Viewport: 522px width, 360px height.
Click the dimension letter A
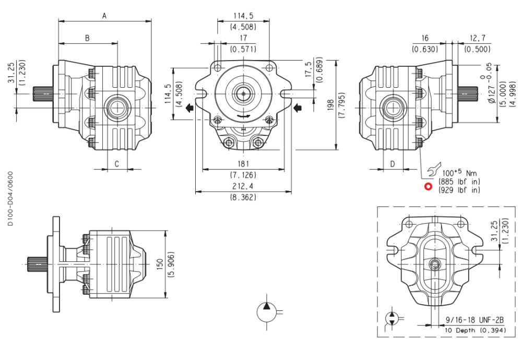104,16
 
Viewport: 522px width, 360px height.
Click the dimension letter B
88,38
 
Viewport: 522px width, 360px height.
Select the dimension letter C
117,164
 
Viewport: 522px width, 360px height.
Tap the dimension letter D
393,164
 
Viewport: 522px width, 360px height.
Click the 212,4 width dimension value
243,187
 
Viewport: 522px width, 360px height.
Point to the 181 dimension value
243,164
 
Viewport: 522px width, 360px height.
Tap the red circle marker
428,186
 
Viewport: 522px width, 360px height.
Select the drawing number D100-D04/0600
11,198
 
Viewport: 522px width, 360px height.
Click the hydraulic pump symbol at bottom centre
267,313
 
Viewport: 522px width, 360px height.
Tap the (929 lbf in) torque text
459,190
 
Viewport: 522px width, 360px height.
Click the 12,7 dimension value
477,38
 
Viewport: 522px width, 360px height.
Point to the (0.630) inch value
424,49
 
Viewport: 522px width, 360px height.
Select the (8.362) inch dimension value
243,198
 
